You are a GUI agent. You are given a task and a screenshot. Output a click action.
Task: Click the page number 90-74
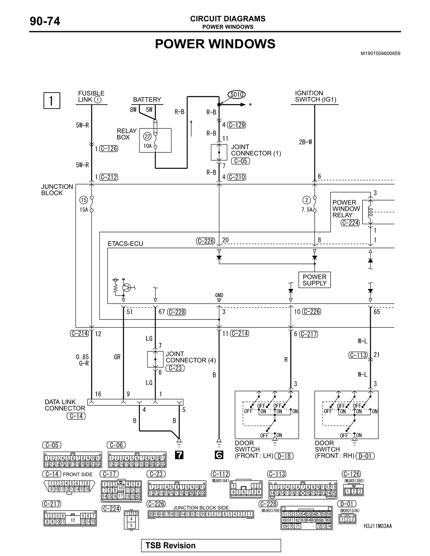[x=45, y=21]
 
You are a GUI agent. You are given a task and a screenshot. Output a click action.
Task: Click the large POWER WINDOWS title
[x=215, y=44]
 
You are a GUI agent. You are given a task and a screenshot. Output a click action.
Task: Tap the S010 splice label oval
[x=236, y=95]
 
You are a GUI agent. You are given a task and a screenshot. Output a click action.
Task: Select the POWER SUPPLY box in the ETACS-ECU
[x=314, y=280]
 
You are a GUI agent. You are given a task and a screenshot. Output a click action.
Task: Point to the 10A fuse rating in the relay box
[x=147, y=146]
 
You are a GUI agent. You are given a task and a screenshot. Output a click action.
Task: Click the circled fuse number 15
[x=83, y=200]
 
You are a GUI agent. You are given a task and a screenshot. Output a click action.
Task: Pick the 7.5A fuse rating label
[x=307, y=210]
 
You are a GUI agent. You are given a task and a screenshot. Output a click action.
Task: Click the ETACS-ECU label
[x=125, y=244]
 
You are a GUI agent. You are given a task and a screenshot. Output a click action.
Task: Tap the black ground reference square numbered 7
[x=179, y=455]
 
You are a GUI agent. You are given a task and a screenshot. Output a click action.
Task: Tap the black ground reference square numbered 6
[x=219, y=455]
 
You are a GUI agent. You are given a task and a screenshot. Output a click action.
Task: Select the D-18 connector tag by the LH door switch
[x=284, y=456]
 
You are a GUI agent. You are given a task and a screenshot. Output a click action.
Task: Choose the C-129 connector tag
[x=236, y=125]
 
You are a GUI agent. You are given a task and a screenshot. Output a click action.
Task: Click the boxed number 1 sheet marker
[x=52, y=100]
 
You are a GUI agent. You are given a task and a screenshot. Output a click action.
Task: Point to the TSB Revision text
[x=170, y=545]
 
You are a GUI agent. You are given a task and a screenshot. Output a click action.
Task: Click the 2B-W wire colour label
[x=305, y=142]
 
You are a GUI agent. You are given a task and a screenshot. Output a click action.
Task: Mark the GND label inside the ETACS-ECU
[x=219, y=295]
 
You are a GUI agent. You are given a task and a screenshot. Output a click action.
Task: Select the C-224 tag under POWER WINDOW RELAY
[x=350, y=223]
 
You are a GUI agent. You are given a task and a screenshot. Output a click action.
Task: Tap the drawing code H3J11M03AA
[x=378, y=526]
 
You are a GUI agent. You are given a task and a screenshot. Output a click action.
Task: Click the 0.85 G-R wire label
[x=82, y=360]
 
